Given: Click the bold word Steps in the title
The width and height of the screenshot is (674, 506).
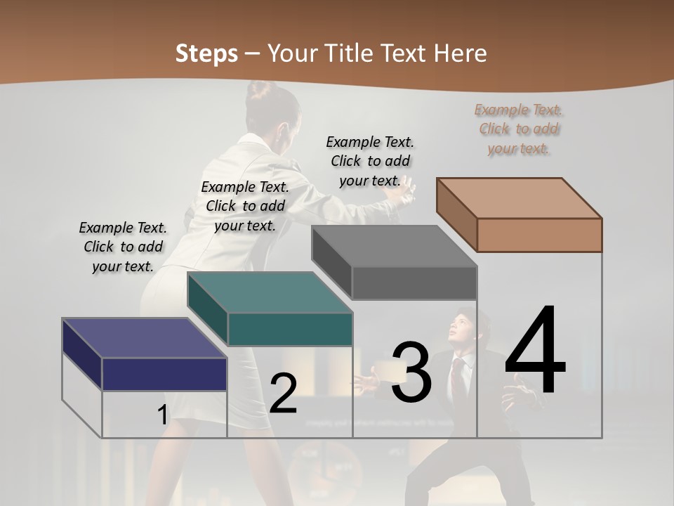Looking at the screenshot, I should point(206,53).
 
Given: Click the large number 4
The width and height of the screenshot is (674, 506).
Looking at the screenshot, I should point(535,351).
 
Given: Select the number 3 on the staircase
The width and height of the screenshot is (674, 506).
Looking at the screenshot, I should point(411,372).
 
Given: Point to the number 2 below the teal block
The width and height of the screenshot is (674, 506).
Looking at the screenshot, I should point(283,394).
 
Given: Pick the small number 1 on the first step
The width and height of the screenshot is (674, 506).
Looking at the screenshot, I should point(162,415).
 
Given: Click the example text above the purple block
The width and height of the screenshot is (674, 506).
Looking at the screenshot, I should point(123,247).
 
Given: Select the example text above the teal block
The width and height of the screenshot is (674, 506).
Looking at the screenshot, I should point(245,206).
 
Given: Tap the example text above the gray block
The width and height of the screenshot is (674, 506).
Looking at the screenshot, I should point(370,161).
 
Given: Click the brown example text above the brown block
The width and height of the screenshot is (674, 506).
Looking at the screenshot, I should point(519,129).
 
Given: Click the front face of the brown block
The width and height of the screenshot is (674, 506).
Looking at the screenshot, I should point(539,235).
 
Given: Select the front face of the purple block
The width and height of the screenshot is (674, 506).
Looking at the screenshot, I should point(164,374).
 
